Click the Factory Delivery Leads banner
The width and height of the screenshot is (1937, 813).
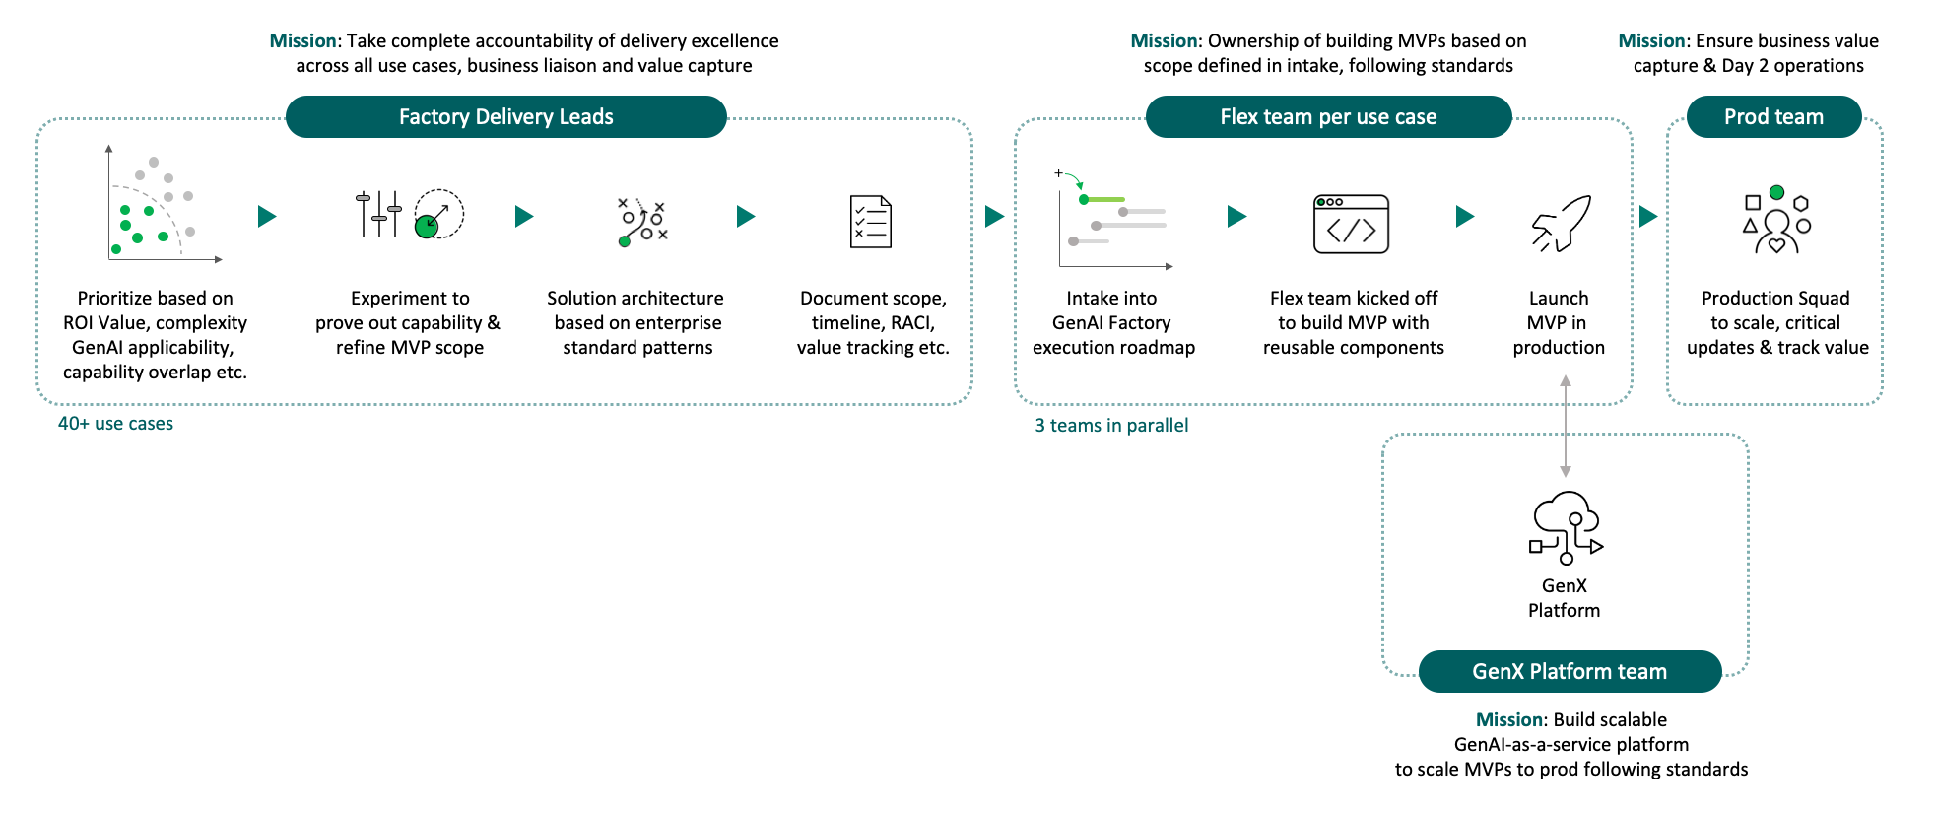(x=505, y=117)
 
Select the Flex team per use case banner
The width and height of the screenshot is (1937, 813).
(x=1328, y=117)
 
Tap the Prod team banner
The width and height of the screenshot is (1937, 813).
(x=1773, y=117)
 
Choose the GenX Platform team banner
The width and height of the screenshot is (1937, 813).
(x=1570, y=672)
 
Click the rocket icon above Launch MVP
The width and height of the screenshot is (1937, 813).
(x=1562, y=223)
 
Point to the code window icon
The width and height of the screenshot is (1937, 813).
(x=1352, y=224)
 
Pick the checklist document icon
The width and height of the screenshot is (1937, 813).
(x=871, y=222)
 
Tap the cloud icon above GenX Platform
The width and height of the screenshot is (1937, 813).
(x=1566, y=527)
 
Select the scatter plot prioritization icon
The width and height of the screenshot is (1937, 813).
(x=158, y=207)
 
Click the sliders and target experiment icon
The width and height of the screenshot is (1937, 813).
(x=408, y=214)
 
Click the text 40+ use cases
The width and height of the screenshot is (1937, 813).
(x=115, y=424)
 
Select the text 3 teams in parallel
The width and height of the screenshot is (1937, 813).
(x=1111, y=426)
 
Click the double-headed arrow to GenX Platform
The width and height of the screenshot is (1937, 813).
(x=1566, y=426)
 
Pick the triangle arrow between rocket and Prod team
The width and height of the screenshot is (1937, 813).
(x=1647, y=216)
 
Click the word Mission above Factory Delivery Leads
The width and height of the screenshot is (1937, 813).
(x=302, y=41)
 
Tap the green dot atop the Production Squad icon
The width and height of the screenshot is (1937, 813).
(x=1776, y=192)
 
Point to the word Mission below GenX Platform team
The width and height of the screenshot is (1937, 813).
(x=1508, y=720)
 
